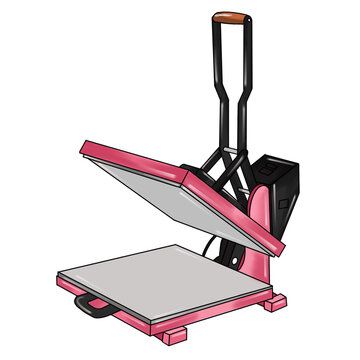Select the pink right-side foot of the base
click(274, 301)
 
